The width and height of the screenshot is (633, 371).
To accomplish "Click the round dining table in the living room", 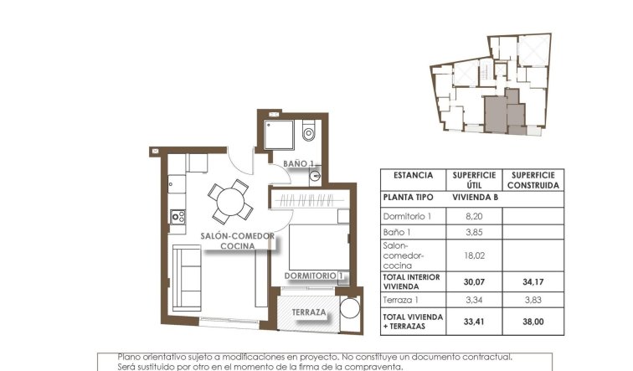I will pyautogui.click(x=228, y=202).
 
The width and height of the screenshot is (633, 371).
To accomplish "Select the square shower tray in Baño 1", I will pyautogui.click(x=278, y=131).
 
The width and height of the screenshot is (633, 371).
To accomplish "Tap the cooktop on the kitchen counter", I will pyautogui.click(x=178, y=216).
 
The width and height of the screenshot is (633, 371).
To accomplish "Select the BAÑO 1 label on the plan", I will pyautogui.click(x=298, y=164).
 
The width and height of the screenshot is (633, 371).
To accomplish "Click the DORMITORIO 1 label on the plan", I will pyautogui.click(x=314, y=275).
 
